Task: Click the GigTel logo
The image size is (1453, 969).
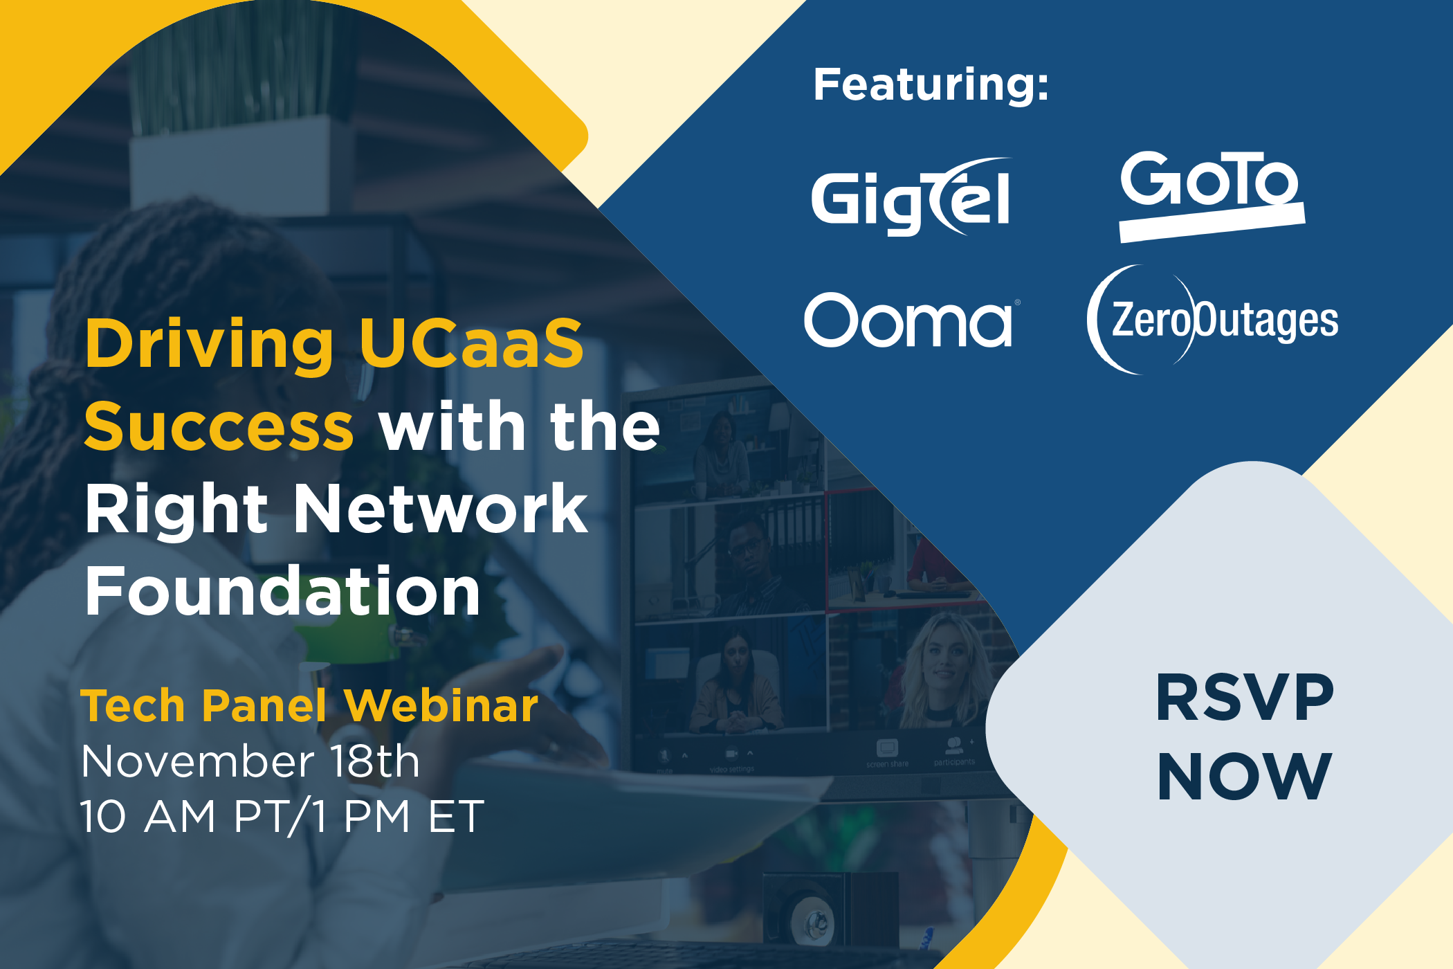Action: point(911,198)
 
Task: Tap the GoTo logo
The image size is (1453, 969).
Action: point(1212,197)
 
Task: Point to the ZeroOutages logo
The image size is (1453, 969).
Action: point(1212,320)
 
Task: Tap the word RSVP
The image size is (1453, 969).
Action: point(1245,698)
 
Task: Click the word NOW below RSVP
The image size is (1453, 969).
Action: point(1245,776)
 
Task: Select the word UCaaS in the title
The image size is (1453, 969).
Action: point(472,343)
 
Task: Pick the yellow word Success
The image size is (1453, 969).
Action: point(219,426)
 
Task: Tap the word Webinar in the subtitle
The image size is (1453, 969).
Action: point(441,706)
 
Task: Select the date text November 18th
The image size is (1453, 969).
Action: point(250,761)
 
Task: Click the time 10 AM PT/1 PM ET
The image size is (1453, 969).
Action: point(282,817)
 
